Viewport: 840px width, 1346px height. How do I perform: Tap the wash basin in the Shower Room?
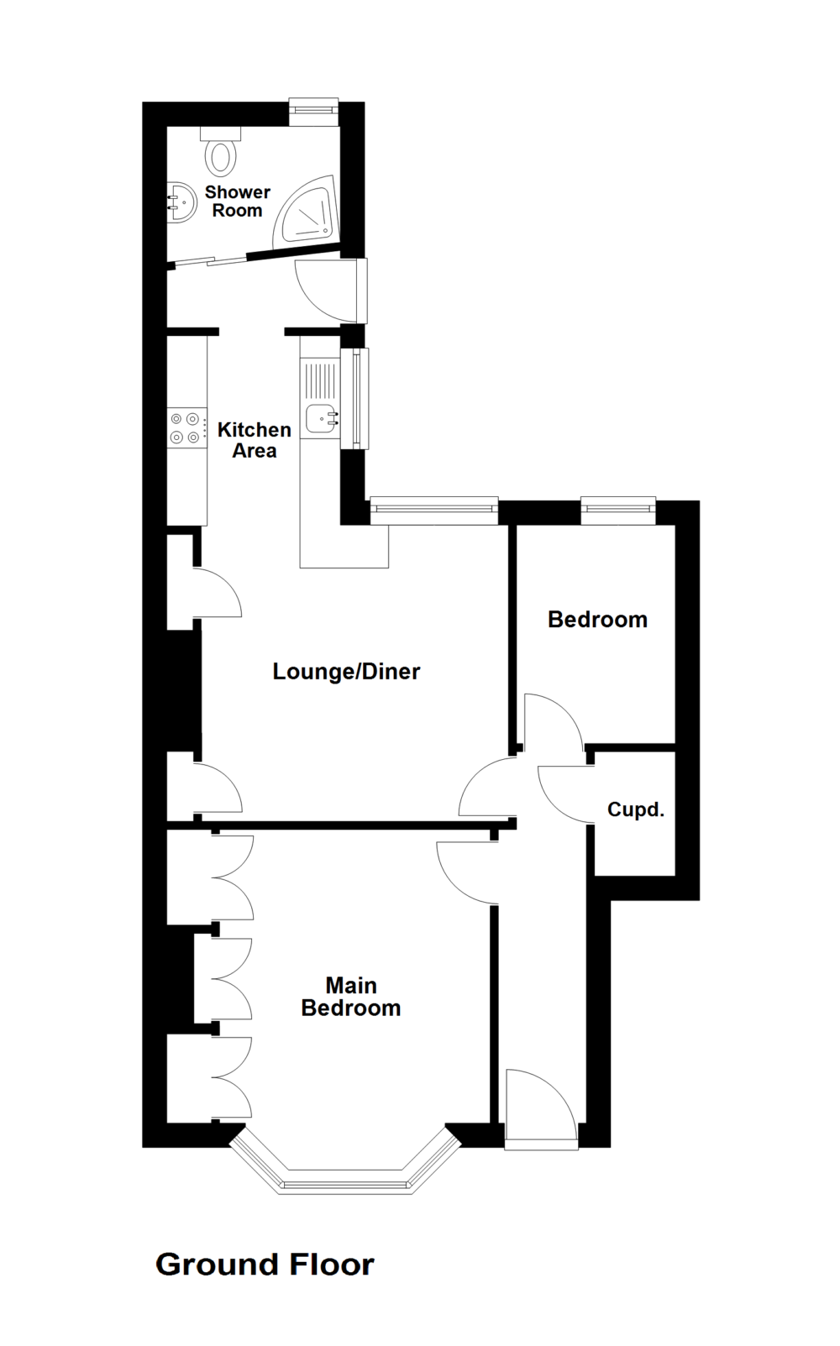(179, 202)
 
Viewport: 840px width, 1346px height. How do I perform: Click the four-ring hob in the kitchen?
(186, 427)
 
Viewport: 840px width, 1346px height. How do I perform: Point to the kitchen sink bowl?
(322, 417)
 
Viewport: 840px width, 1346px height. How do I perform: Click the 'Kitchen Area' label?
(254, 440)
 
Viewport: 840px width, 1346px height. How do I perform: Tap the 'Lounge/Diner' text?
(346, 672)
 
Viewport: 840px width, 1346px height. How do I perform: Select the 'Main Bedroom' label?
(351, 997)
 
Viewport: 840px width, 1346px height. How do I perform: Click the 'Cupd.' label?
(636, 810)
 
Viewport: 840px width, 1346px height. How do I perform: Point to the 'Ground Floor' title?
(265, 1265)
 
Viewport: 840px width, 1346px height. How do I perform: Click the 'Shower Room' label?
(237, 202)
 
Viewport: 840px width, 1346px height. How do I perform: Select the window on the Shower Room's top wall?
(314, 108)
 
